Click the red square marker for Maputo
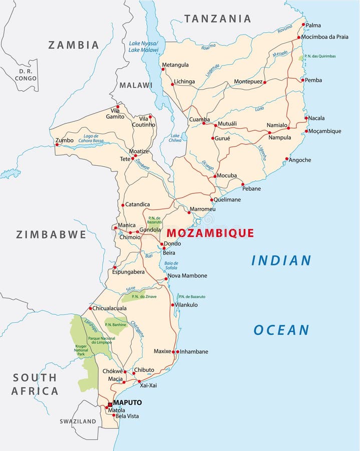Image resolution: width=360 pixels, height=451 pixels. (x=110, y=404)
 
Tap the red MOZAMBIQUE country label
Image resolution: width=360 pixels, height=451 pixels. (x=210, y=233)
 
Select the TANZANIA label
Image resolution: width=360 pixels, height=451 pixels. (x=217, y=19)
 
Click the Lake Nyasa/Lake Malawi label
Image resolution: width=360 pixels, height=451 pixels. (x=143, y=46)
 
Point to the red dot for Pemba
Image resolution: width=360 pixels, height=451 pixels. (x=302, y=80)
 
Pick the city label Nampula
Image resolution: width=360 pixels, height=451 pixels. (x=279, y=137)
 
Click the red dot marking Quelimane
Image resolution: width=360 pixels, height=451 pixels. (x=211, y=199)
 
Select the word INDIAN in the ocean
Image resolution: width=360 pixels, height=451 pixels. (x=281, y=261)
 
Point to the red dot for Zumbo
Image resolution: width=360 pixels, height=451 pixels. (x=57, y=145)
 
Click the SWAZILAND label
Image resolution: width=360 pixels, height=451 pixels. (x=78, y=421)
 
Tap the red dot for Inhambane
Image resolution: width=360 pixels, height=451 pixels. (x=177, y=352)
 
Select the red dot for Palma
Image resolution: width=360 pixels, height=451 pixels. (x=303, y=24)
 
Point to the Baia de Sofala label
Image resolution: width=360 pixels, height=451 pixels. (x=171, y=266)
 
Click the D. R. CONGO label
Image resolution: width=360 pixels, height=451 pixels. (x=25, y=75)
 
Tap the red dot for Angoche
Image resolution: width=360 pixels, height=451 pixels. (x=286, y=159)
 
